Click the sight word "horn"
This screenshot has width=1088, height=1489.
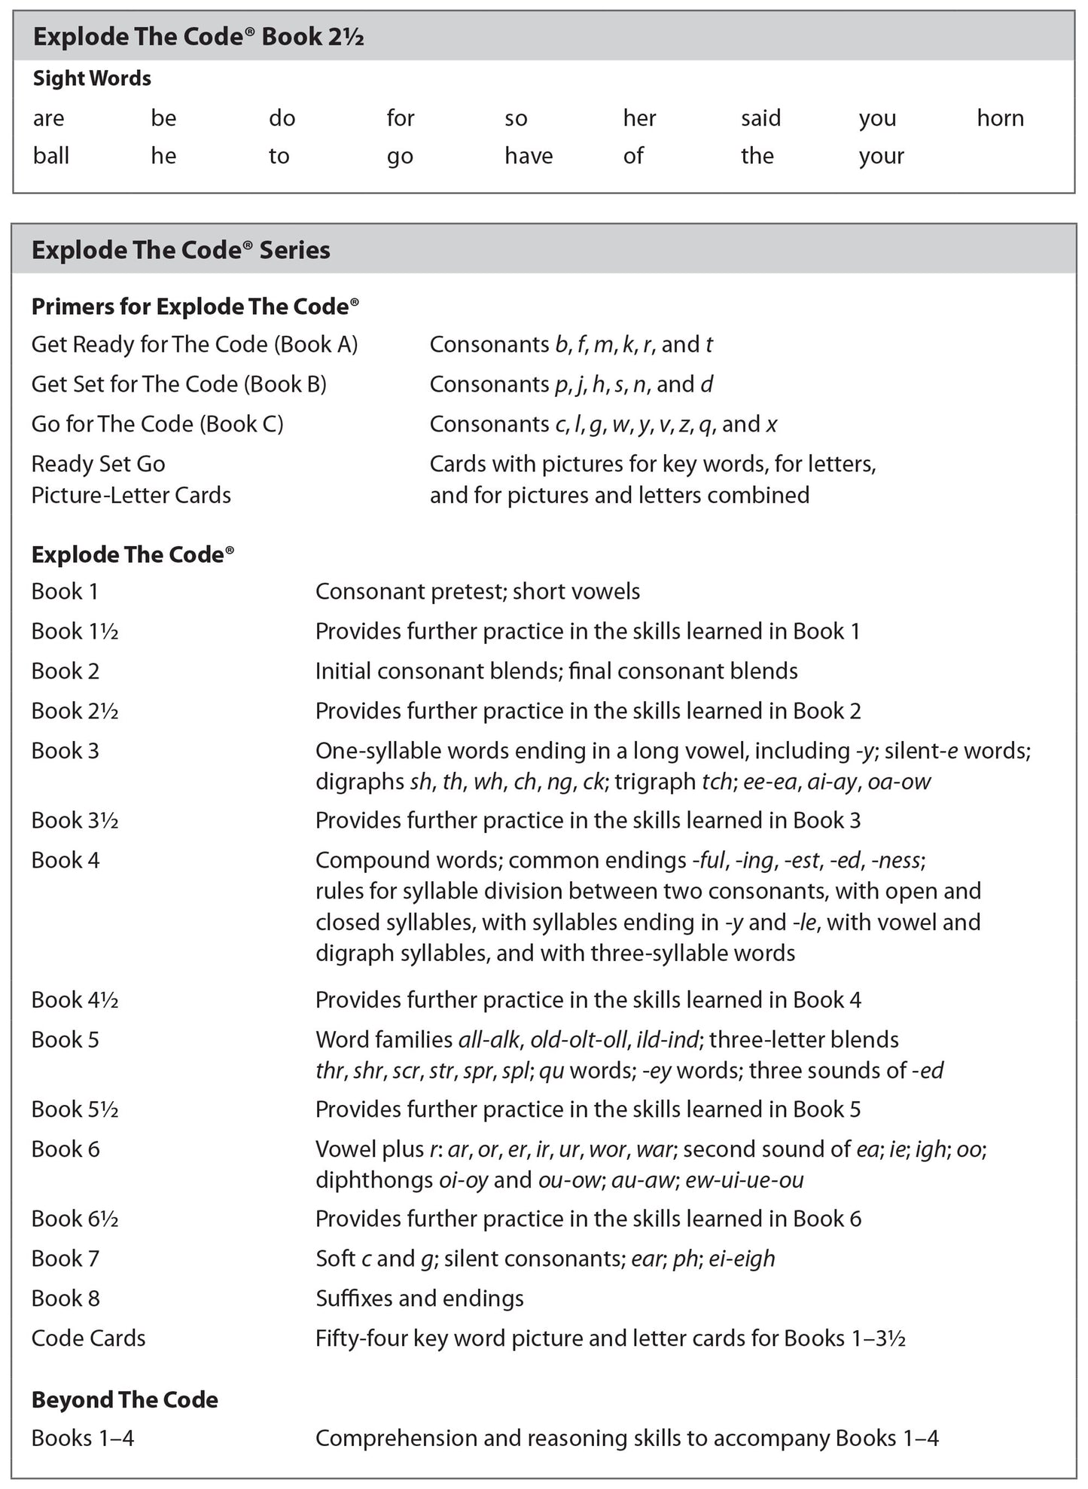(1000, 118)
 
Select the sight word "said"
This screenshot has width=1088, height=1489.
(760, 118)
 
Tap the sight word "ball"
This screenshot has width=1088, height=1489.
(50, 156)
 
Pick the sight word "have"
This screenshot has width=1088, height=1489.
(528, 156)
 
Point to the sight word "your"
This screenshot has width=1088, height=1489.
(881, 157)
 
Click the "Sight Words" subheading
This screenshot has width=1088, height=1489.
(92, 78)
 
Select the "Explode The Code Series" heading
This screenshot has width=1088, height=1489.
(181, 250)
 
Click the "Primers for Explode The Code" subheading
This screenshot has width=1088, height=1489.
(195, 307)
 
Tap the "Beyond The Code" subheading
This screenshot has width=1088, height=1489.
(124, 1399)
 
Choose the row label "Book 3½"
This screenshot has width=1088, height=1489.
(75, 820)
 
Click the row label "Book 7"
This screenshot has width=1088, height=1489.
(65, 1258)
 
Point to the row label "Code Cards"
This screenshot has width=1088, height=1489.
(88, 1338)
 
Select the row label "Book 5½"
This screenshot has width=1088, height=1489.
(75, 1109)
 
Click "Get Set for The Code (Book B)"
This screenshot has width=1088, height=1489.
(178, 384)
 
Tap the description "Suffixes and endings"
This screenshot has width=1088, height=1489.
(419, 1298)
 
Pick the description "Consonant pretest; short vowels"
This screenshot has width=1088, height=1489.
(477, 591)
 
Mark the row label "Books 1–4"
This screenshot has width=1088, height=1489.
(82, 1438)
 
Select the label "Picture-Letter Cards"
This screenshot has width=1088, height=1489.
(131, 495)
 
